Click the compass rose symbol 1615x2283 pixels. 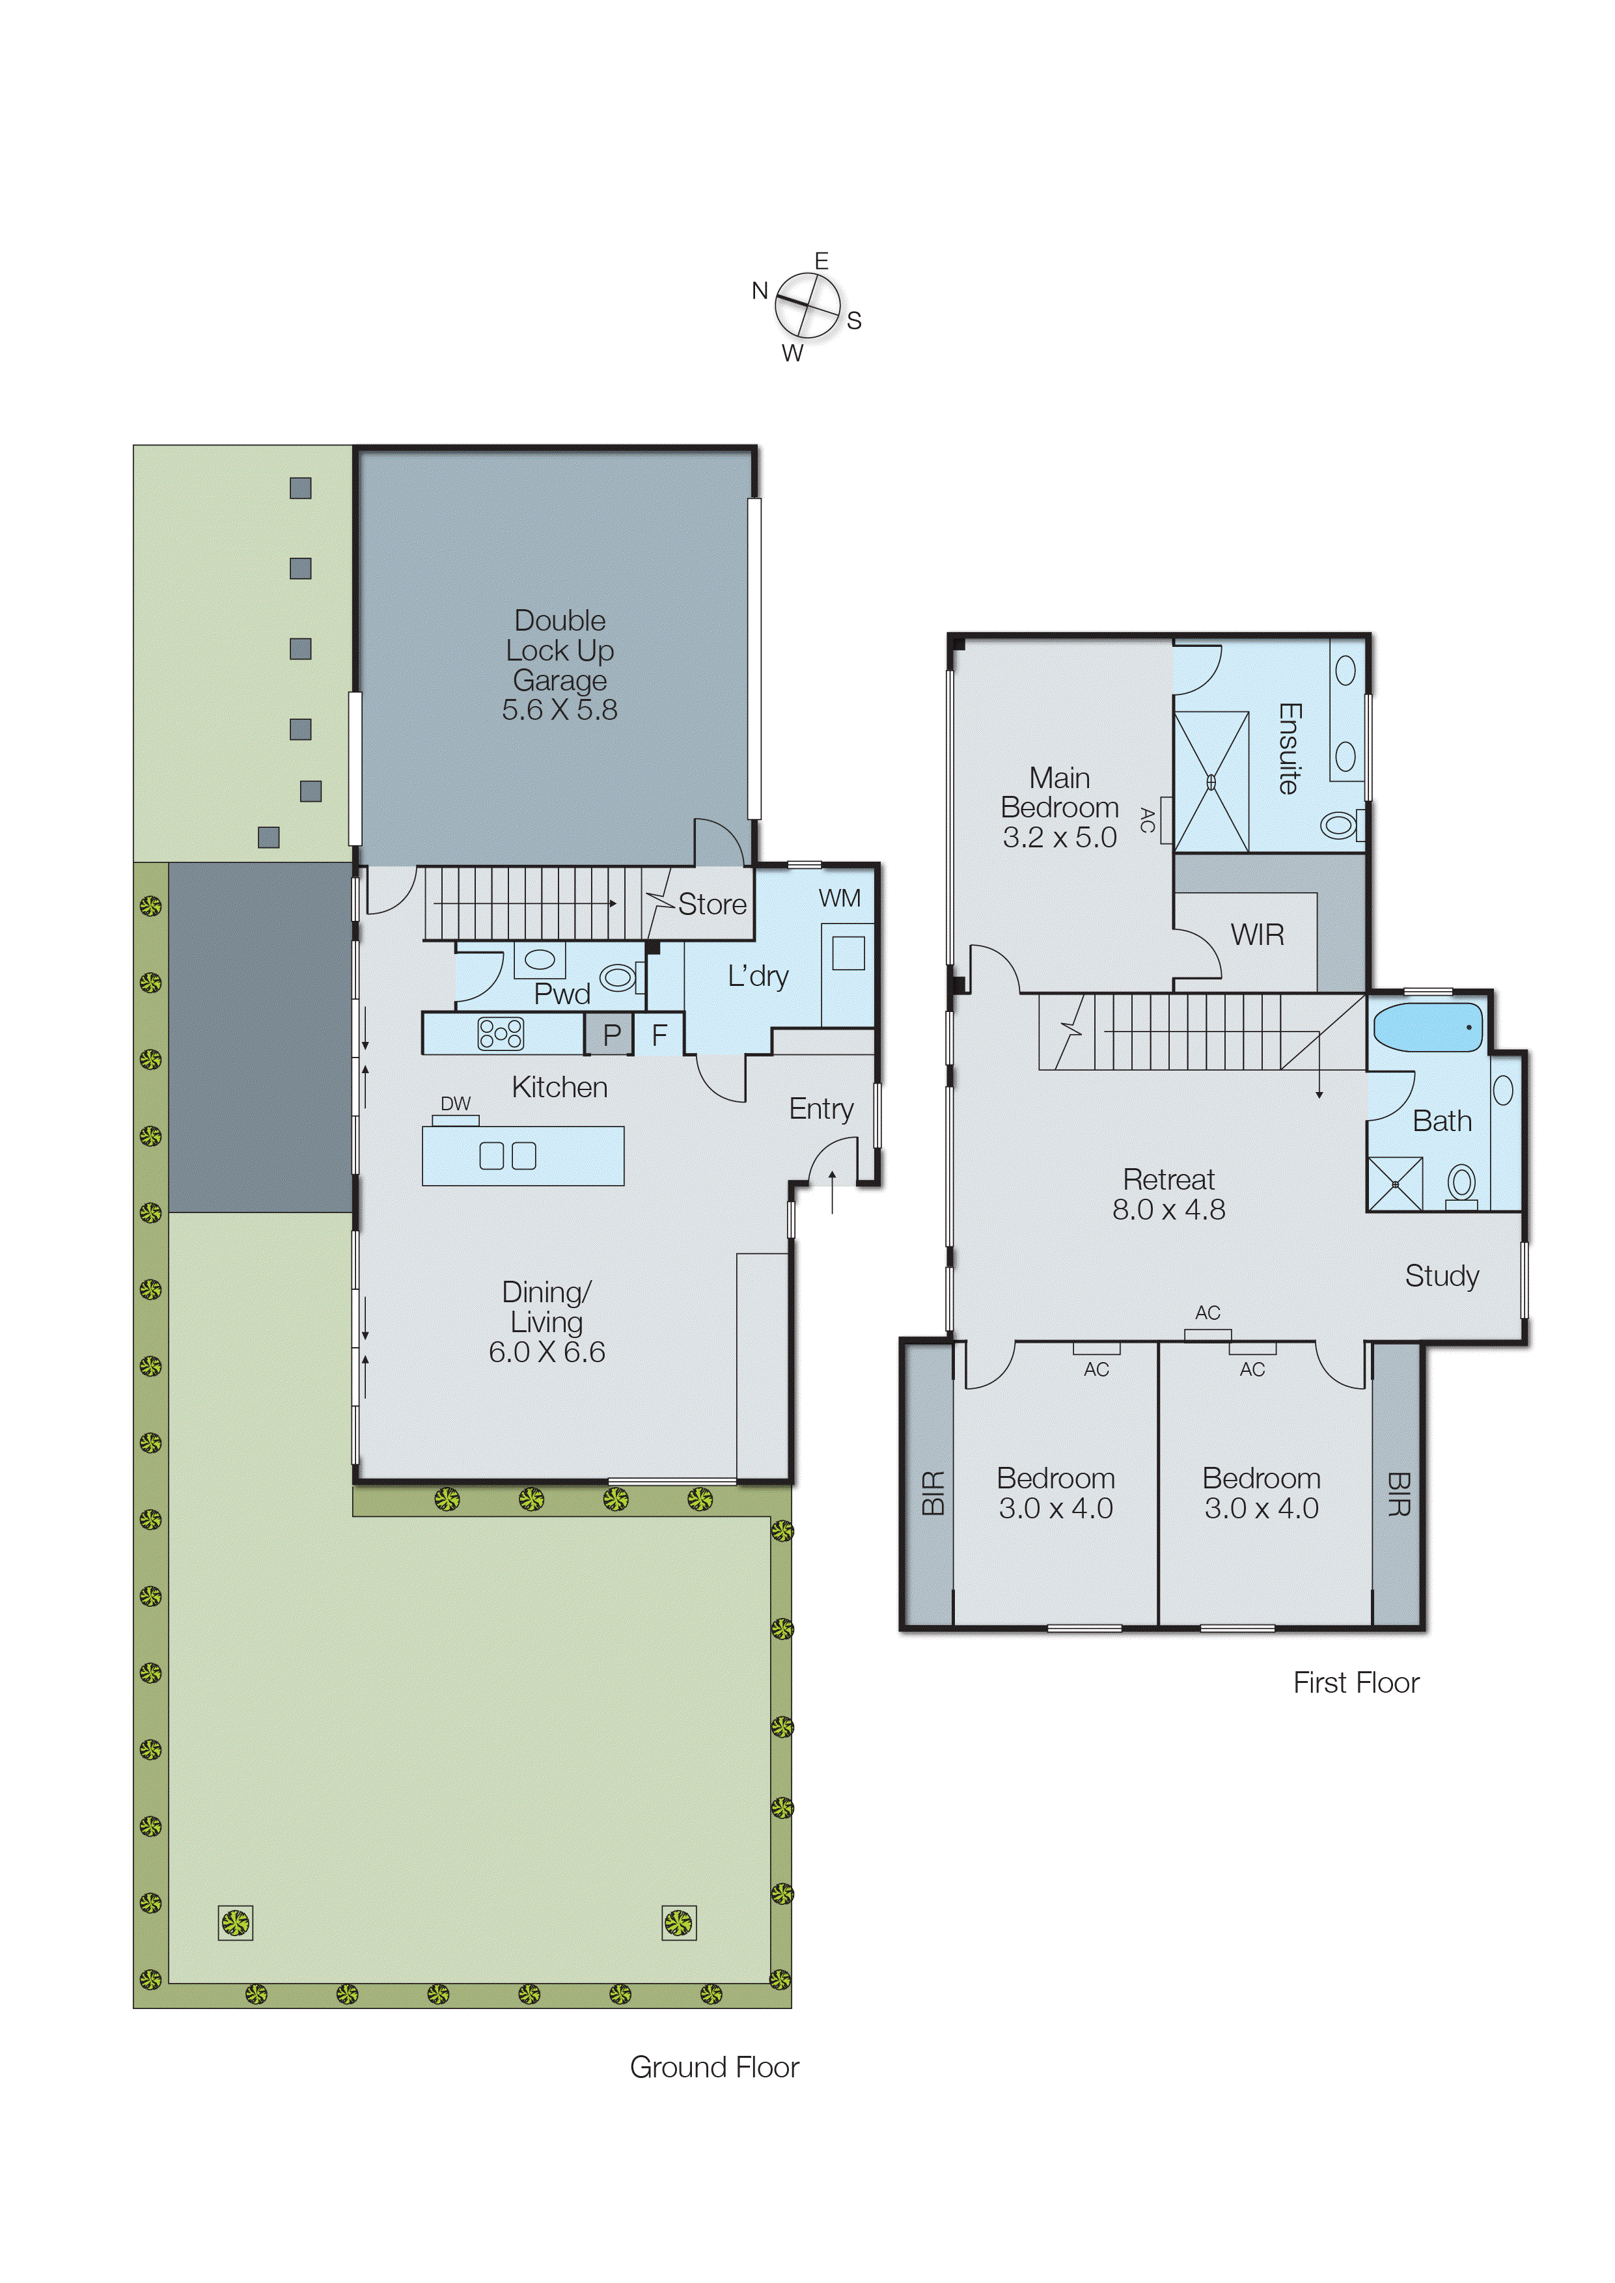click(807, 305)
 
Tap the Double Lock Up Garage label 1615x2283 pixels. click(560, 664)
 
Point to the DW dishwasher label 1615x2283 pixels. click(456, 1104)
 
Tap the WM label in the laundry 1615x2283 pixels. click(839, 898)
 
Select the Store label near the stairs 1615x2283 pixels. click(712, 904)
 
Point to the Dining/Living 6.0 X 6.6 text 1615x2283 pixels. click(547, 1322)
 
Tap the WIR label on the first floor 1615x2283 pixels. click(1257, 935)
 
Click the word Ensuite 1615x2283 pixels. click(1289, 748)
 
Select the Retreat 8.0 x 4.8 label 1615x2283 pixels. click(1168, 1194)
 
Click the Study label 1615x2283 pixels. click(1441, 1276)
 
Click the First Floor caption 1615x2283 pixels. click(1355, 1682)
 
